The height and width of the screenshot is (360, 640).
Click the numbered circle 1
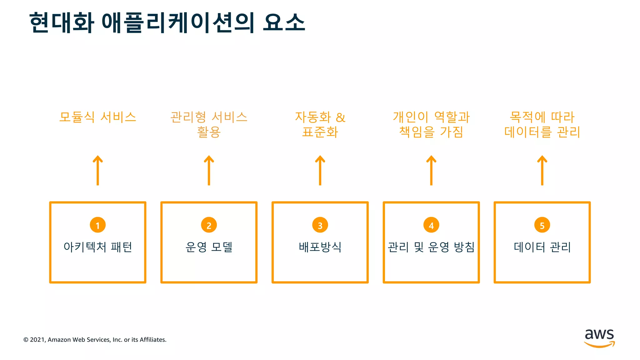pos(97,225)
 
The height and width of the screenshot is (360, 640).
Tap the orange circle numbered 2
pos(209,225)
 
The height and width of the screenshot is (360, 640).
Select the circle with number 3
pos(320,225)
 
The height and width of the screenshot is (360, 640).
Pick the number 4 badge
pos(431,225)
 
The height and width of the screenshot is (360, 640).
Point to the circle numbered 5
pos(542,225)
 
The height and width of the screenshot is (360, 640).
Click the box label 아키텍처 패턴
pos(97,247)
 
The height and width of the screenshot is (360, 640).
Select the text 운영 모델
pos(209,247)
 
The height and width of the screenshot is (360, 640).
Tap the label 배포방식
pos(320,247)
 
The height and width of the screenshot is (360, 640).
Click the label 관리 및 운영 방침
pos(431,247)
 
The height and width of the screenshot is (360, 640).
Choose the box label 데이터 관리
pos(542,247)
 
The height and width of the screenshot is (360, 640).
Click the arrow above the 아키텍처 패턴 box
pos(97,170)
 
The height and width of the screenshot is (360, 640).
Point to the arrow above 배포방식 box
pos(320,170)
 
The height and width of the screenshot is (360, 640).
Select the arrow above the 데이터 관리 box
pos(542,170)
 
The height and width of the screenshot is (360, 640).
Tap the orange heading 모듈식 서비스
pos(97,117)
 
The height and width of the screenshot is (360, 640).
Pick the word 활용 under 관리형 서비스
pos(209,132)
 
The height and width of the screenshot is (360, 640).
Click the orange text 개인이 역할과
pos(431,117)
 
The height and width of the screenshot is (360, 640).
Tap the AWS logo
pos(599,338)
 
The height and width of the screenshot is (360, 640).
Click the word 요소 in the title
pos(284,22)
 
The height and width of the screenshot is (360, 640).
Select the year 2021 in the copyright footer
pos(37,340)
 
